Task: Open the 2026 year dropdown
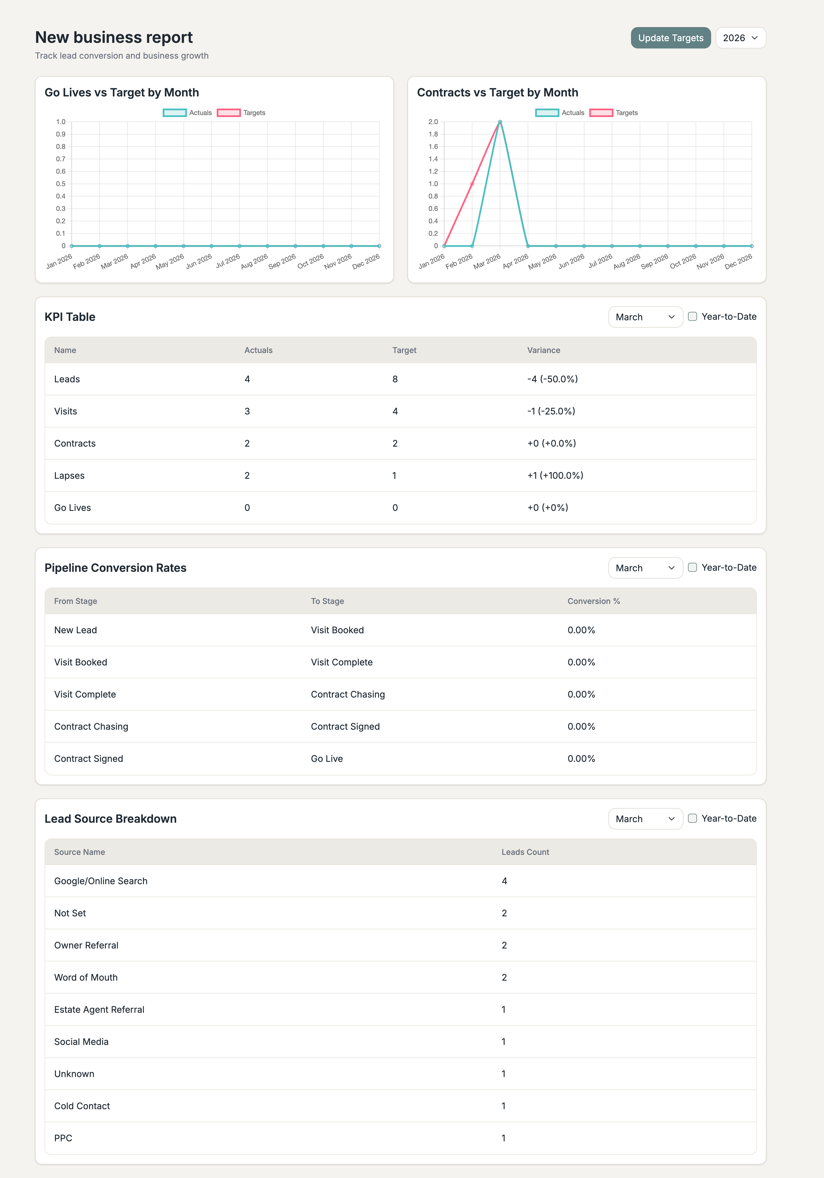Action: coord(740,38)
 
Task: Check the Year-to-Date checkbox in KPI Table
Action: coord(692,317)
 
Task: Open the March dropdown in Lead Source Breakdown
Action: coord(645,819)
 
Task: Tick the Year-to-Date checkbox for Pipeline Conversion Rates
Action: coord(692,568)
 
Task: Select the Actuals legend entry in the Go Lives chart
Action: coord(187,113)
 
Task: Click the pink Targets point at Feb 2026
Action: coord(472,184)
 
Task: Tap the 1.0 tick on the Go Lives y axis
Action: coord(61,122)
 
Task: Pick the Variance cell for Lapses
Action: coord(555,476)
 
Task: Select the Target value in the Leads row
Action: coord(395,379)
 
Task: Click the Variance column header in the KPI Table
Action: coord(543,350)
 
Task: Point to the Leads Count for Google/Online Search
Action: coord(504,881)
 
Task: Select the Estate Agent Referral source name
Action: coord(99,1010)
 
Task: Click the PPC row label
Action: coord(63,1138)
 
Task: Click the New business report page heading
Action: coord(114,37)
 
